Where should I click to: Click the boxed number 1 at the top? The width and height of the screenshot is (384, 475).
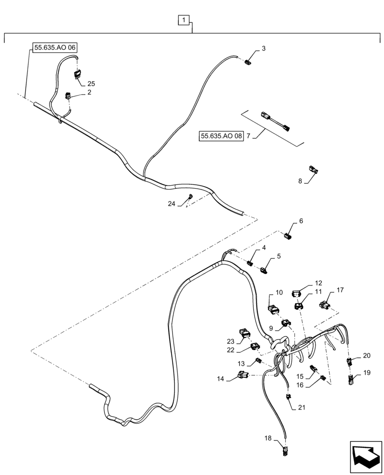[x=184, y=20]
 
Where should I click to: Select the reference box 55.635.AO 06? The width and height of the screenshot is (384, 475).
[x=55, y=47]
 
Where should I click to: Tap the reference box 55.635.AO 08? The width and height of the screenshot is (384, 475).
[x=221, y=136]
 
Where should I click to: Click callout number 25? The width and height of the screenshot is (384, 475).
[x=91, y=84]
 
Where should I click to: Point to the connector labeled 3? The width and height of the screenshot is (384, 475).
[x=248, y=62]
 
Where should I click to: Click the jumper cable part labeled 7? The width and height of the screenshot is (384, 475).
[x=275, y=121]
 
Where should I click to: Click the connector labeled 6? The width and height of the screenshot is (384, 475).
[x=288, y=235]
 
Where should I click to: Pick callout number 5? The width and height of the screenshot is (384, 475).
[x=279, y=256]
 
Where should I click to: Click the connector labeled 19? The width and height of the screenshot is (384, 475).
[x=352, y=379]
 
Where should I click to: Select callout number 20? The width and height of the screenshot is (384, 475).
[x=366, y=356]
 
